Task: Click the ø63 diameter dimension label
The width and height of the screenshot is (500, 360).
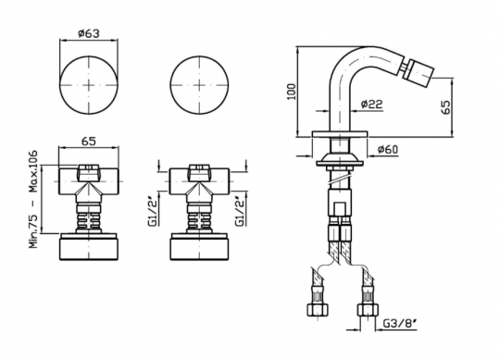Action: point(89,33)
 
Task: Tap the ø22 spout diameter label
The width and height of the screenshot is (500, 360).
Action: point(372,104)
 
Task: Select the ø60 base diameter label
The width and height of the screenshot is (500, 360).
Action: point(387,149)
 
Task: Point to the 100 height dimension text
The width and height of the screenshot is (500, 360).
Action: point(292,92)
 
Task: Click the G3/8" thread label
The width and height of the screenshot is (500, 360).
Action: point(400,324)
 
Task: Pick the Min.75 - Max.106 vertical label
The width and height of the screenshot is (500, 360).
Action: point(33,199)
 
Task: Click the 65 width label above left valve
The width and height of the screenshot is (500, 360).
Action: point(89,142)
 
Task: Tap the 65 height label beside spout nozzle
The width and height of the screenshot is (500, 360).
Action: point(445,107)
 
